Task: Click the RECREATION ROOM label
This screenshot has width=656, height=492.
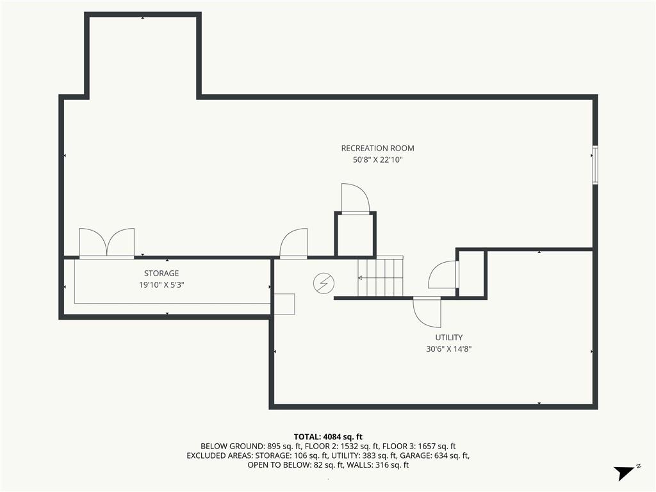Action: [x=377, y=148]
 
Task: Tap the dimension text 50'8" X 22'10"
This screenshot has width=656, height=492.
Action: [x=377, y=160]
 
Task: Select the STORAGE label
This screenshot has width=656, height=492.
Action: [x=161, y=273]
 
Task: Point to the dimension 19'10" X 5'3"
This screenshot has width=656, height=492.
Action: [x=161, y=285]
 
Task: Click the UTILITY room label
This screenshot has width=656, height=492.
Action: [x=449, y=337]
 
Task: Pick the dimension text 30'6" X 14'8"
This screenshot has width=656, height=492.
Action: [x=449, y=349]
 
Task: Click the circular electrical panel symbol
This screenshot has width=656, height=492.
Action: [x=324, y=283]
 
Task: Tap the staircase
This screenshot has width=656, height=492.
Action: [x=381, y=277]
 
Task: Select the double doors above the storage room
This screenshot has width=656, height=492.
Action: [x=107, y=243]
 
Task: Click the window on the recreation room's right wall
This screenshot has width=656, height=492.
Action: [x=595, y=165]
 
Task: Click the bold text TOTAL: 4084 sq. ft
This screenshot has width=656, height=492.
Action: [x=328, y=437]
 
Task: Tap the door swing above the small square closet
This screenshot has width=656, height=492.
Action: [x=355, y=199]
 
